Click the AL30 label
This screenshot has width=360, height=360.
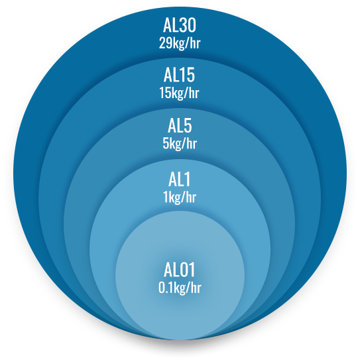click(x=180, y=25)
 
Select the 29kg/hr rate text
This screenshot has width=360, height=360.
click(x=180, y=43)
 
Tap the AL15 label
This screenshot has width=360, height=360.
click(x=179, y=75)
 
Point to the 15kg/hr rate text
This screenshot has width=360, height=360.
click(x=179, y=93)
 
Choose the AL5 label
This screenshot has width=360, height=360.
click(x=180, y=125)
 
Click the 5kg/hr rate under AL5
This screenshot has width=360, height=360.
click(x=180, y=143)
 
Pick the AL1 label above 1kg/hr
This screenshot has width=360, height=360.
click(x=179, y=179)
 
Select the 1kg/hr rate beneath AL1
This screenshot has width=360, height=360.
click(x=180, y=197)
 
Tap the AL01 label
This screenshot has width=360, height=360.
click(x=179, y=270)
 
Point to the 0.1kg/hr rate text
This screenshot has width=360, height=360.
click(x=180, y=288)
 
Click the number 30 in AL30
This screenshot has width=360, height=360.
click(x=188, y=25)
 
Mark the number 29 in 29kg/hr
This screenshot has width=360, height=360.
click(x=164, y=42)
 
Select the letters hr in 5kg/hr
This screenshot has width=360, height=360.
click(x=192, y=143)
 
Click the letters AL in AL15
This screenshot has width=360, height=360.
click(x=171, y=75)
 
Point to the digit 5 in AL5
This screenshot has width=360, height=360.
click(x=187, y=125)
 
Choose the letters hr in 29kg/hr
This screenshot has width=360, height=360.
click(x=195, y=42)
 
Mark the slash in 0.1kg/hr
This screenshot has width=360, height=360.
click(x=189, y=288)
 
